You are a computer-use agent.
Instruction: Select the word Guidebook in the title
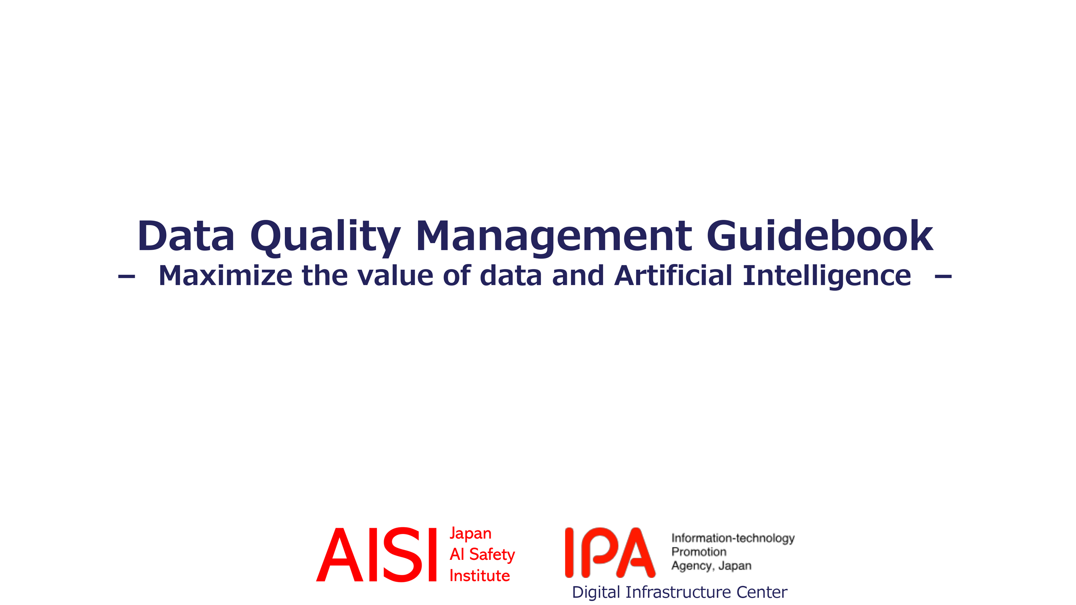click(x=819, y=236)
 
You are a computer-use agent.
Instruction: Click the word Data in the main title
click(x=186, y=236)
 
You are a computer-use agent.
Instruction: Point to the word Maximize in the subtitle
click(x=226, y=275)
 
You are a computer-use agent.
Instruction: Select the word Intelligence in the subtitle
click(x=827, y=276)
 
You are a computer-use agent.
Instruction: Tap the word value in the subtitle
click(x=395, y=275)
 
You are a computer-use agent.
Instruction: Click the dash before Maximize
click(x=127, y=276)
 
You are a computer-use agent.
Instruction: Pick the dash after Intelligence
click(x=943, y=276)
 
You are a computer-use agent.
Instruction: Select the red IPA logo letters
click(x=610, y=553)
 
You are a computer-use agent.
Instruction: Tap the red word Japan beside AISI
click(x=470, y=534)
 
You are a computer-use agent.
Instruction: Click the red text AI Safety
click(x=482, y=555)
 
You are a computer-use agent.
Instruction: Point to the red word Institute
click(x=480, y=576)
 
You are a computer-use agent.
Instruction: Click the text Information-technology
click(x=733, y=538)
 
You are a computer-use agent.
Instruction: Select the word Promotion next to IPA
click(x=699, y=552)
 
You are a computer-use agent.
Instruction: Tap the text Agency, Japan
click(x=711, y=566)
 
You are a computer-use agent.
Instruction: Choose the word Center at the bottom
click(x=761, y=592)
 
